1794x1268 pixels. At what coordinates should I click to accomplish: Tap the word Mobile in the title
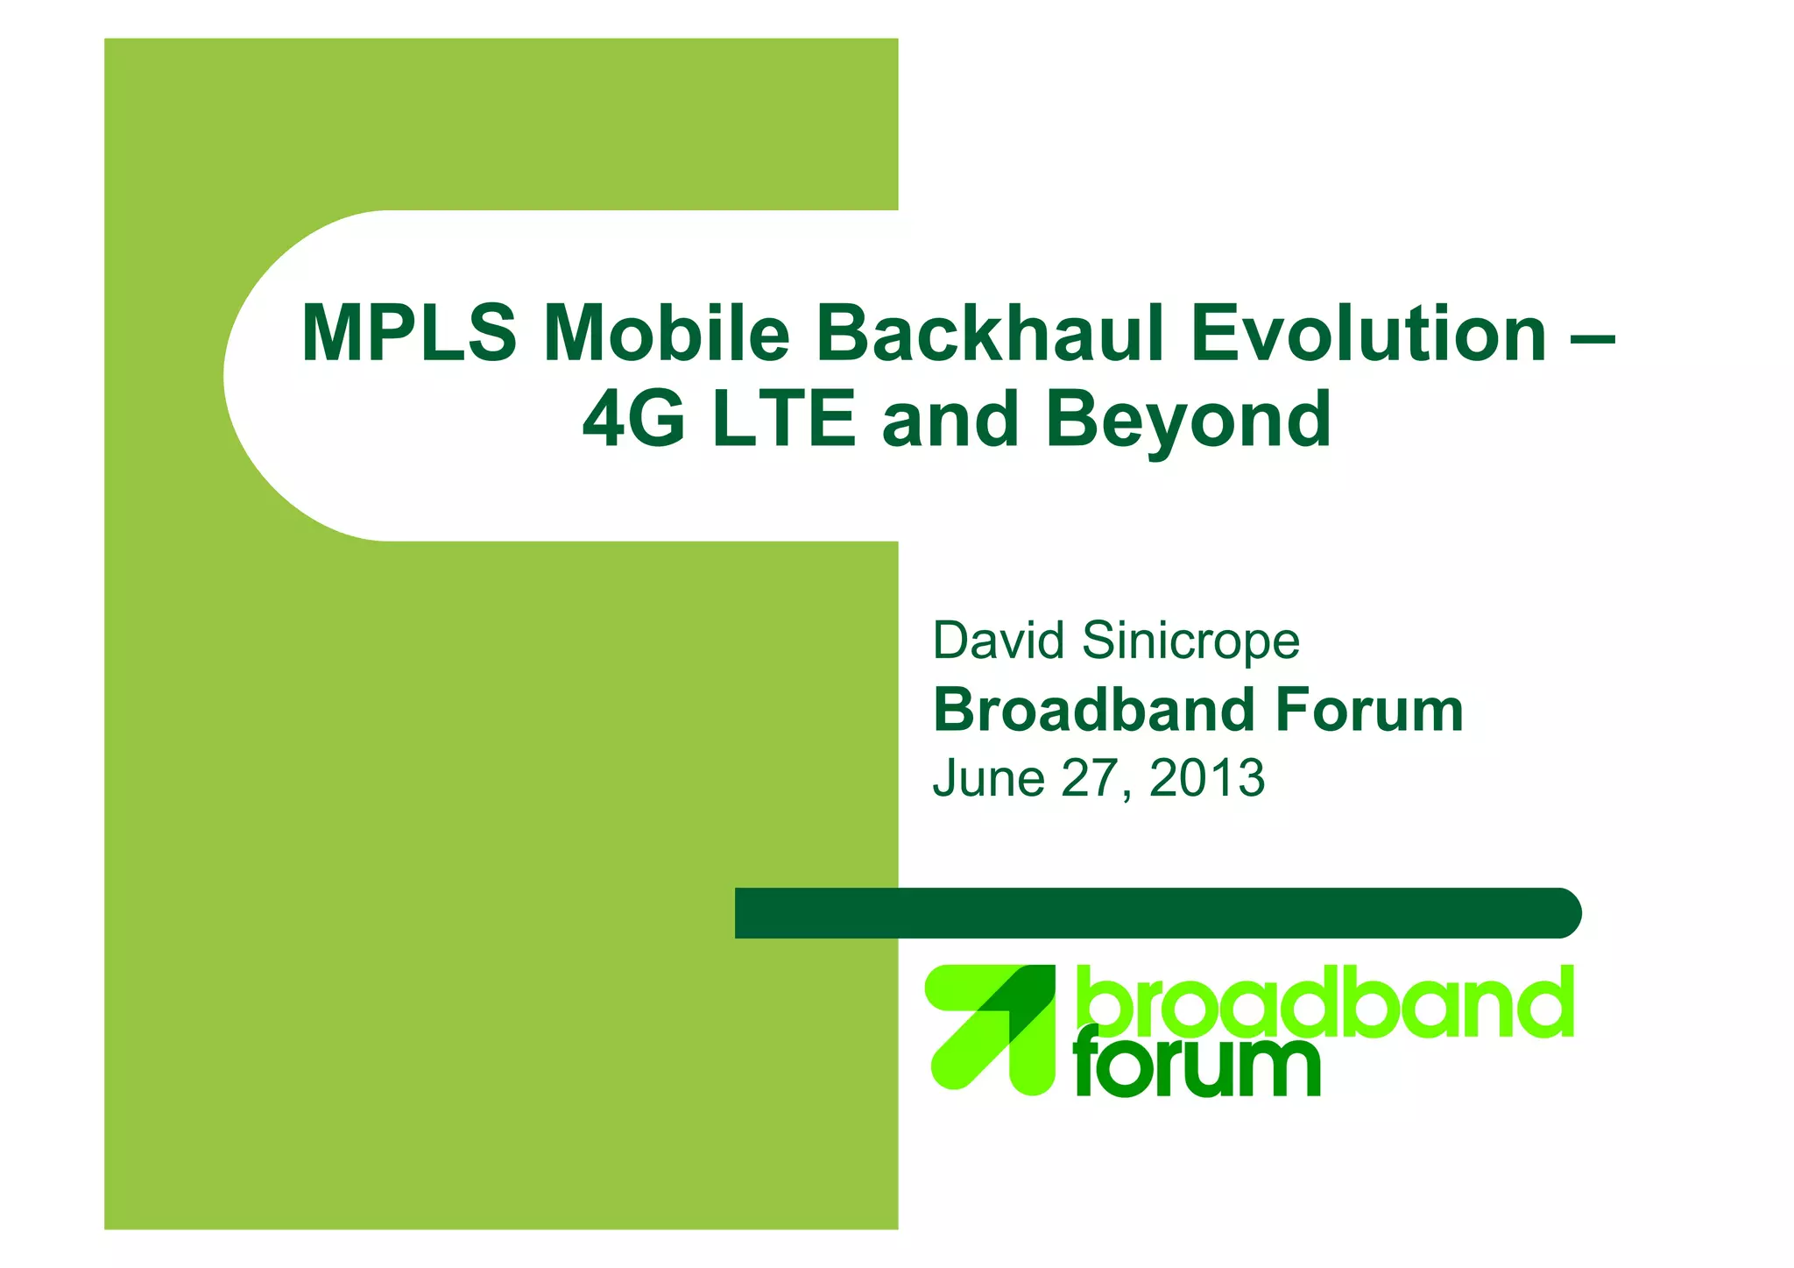[x=666, y=333]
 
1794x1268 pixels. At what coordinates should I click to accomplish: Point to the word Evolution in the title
[x=1368, y=333]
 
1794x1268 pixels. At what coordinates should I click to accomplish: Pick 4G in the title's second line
[x=633, y=419]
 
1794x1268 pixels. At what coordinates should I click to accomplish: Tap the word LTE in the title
[x=783, y=419]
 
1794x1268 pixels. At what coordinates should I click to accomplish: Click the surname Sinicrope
[x=1191, y=641]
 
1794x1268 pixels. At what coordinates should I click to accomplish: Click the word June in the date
[x=988, y=778]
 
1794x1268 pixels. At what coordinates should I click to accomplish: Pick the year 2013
[x=1207, y=778]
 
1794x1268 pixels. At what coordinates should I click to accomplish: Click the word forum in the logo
[x=1197, y=1066]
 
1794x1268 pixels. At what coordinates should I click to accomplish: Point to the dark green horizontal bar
[x=1156, y=913]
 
